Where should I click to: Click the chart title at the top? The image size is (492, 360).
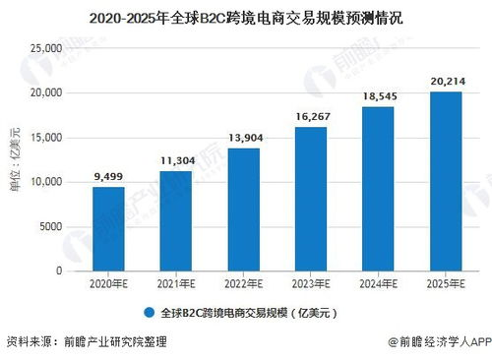click(246, 18)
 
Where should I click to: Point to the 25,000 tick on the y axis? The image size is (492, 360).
click(46, 48)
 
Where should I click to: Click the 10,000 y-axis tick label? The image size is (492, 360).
click(46, 182)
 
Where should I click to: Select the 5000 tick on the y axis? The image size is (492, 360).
click(51, 226)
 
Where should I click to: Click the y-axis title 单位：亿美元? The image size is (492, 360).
click(16, 160)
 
